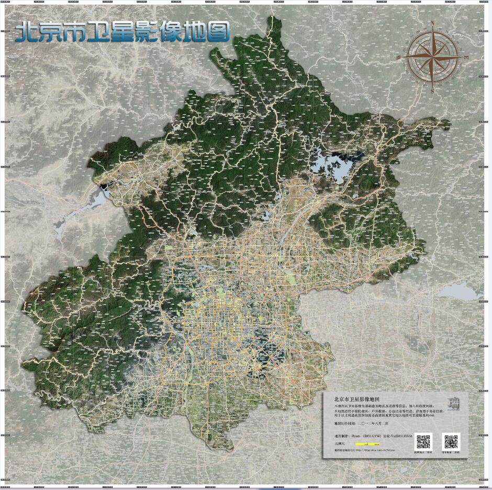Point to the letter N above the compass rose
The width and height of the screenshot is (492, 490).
click(433, 23)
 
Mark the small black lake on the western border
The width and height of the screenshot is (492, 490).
click(105, 184)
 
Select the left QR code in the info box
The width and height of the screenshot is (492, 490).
click(423, 441)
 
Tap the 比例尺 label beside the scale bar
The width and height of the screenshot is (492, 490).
click(341, 443)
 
